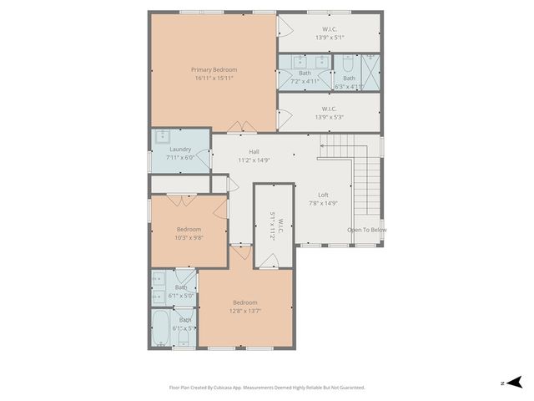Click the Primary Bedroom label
[214, 69]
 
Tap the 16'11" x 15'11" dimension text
[214, 79]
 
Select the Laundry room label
[181, 150]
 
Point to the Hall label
[254, 151]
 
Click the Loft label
[323, 194]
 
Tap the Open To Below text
[367, 230]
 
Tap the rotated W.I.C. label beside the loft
[272, 226]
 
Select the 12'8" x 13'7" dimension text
[245, 311]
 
